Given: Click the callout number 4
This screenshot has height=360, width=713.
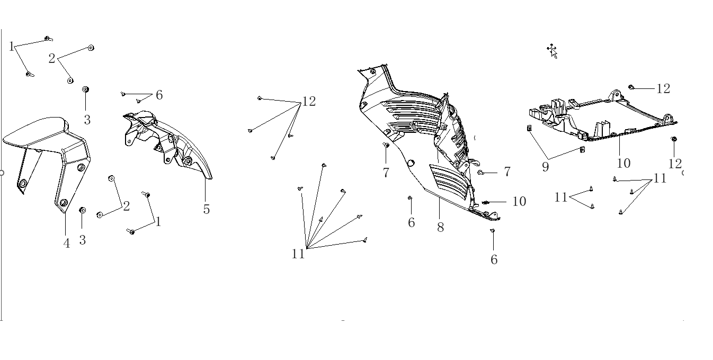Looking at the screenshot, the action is (x=67, y=244).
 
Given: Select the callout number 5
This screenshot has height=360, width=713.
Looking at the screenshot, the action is (x=207, y=209).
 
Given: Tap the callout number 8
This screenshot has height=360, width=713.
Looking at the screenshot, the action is (x=441, y=227).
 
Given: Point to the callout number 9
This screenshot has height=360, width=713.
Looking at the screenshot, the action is (x=546, y=167).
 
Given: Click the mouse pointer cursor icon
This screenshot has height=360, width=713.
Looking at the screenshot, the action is (x=552, y=51).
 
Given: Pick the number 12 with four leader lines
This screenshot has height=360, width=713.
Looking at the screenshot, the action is (x=309, y=102).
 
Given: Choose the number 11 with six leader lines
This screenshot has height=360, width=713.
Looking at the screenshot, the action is (x=298, y=254).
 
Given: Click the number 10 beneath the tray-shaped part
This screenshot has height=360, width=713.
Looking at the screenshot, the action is (x=623, y=164).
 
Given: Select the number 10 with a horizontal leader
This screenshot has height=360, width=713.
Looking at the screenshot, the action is (x=519, y=201).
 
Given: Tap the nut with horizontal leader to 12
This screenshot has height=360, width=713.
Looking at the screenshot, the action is (x=631, y=87).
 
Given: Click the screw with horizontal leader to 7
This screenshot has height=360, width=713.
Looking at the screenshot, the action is (x=480, y=173).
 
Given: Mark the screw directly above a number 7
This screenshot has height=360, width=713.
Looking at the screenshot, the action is (x=386, y=145).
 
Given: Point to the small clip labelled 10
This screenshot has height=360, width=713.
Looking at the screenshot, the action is (x=485, y=202).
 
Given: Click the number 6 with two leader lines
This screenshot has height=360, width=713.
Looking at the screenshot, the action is (x=159, y=95).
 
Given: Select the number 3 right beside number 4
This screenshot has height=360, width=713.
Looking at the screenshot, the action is (x=83, y=240).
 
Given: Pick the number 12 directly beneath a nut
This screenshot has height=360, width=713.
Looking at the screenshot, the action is (x=675, y=164).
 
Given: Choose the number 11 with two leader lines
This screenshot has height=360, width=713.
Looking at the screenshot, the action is (x=561, y=197).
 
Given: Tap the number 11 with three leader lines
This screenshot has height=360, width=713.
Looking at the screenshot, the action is (x=660, y=178).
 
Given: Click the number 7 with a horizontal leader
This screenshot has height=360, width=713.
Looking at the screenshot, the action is (x=507, y=172).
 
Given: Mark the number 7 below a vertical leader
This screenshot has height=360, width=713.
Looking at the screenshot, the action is (x=386, y=173).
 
